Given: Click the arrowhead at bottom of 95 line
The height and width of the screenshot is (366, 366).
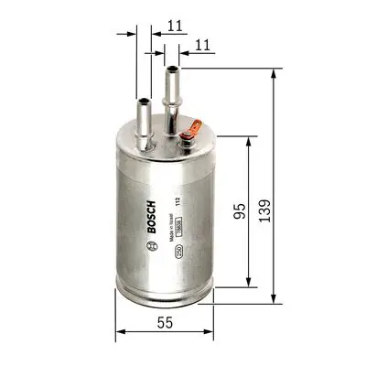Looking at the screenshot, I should coord(248,285).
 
